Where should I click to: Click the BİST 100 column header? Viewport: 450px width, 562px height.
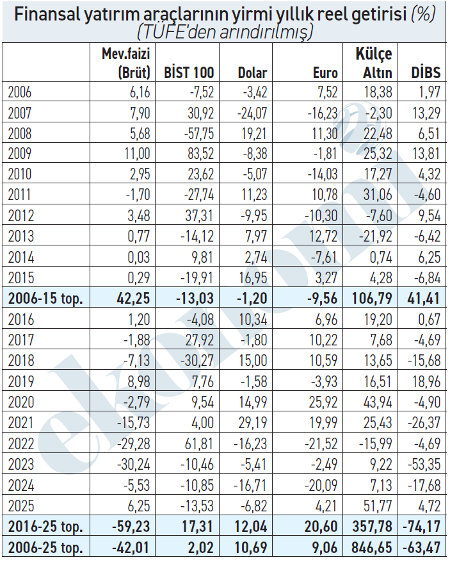click(x=189, y=73)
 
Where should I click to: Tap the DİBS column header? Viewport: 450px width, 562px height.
click(x=426, y=73)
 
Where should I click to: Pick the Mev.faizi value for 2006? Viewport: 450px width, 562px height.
click(x=137, y=92)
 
